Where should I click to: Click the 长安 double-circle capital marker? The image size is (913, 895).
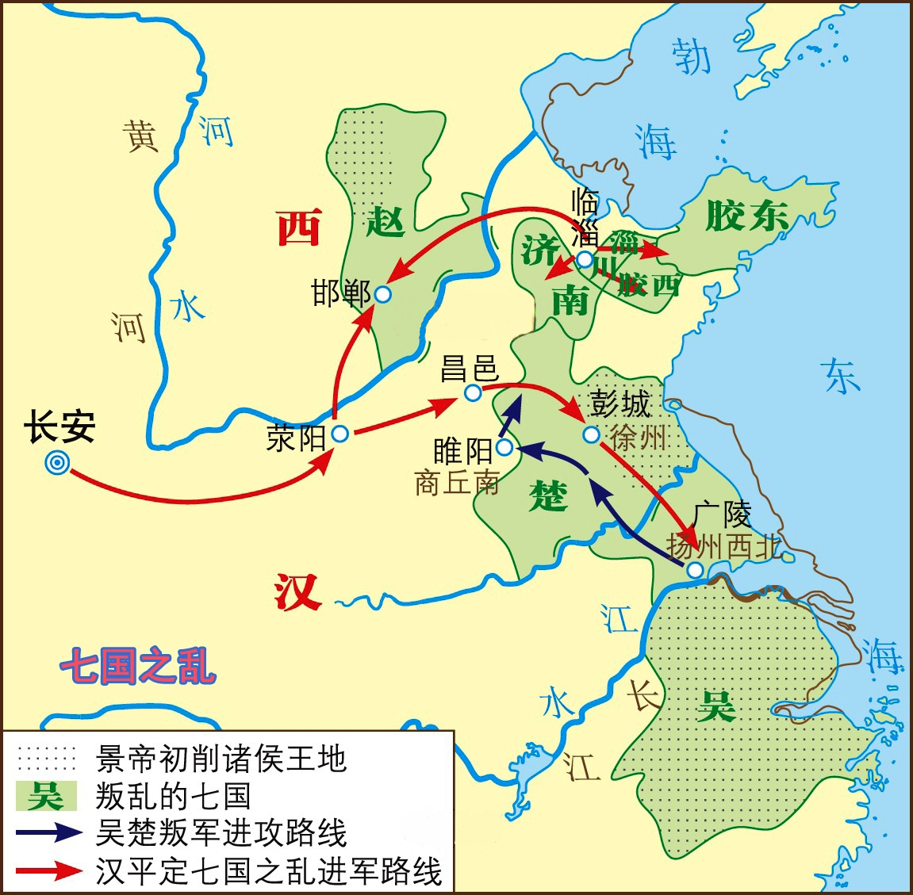pyautogui.click(x=57, y=464)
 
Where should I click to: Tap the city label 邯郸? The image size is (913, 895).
pyautogui.click(x=342, y=293)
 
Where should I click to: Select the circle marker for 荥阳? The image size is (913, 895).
pyautogui.click(x=340, y=434)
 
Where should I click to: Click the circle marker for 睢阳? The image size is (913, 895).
pyautogui.click(x=504, y=449)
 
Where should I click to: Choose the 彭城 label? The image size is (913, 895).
pyautogui.click(x=620, y=404)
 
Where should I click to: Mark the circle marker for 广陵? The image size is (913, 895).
pyautogui.click(x=695, y=569)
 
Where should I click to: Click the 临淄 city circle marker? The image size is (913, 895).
pyautogui.click(x=585, y=259)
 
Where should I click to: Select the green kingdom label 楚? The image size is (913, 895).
pyautogui.click(x=548, y=497)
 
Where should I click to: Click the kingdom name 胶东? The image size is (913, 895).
pyautogui.click(x=746, y=216)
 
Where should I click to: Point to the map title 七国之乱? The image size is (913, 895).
pyautogui.click(x=138, y=666)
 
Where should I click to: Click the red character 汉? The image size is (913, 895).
pyautogui.click(x=297, y=592)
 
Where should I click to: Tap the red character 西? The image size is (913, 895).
pyautogui.click(x=299, y=228)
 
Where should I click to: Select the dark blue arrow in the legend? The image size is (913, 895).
pyautogui.click(x=48, y=832)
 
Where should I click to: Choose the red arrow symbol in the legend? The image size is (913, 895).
pyautogui.click(x=48, y=870)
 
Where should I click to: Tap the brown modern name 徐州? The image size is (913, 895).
pyautogui.click(x=639, y=437)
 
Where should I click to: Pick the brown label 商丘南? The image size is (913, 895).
pyautogui.click(x=458, y=483)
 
